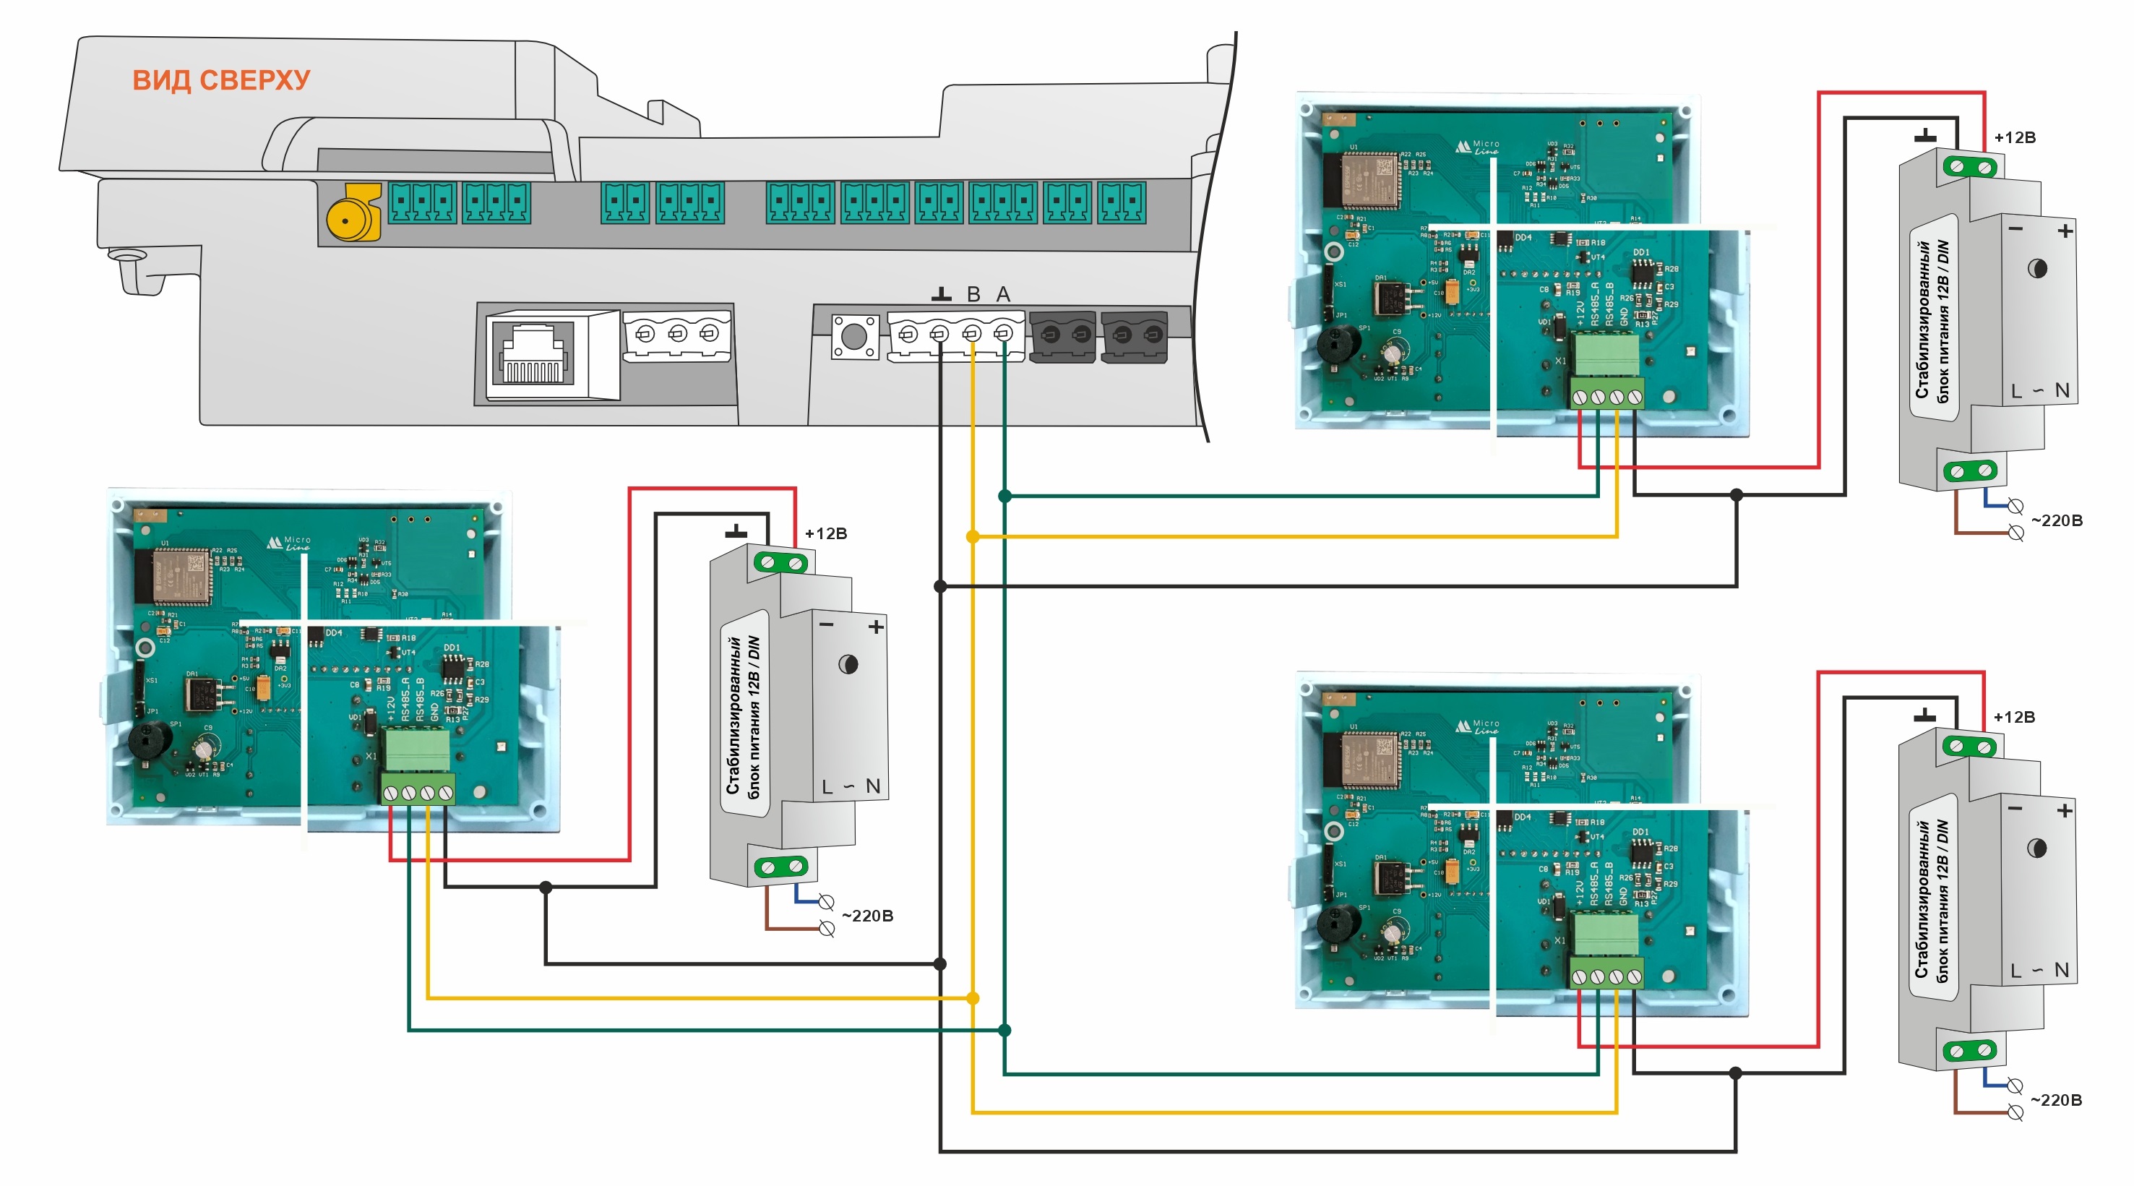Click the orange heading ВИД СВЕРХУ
221,80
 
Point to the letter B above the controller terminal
973,294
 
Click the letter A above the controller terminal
1003,294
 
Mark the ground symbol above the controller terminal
941,294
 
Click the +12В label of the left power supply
825,533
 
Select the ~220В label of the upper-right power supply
2056,520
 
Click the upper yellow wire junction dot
973,536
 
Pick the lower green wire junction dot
1004,1030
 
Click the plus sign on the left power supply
876,627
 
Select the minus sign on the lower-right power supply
2015,809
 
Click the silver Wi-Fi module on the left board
180,574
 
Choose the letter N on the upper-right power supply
2062,390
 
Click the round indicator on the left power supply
848,664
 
